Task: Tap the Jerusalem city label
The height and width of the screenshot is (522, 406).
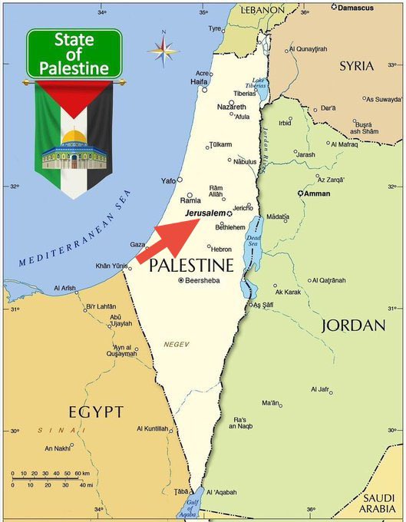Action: (x=205, y=213)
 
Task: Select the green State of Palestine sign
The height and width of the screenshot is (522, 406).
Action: (x=74, y=54)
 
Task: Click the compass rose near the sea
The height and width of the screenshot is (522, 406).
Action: (x=162, y=50)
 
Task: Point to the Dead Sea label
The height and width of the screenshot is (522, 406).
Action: (x=253, y=243)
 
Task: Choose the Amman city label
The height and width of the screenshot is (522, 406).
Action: (x=316, y=193)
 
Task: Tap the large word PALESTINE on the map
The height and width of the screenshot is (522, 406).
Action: (x=191, y=266)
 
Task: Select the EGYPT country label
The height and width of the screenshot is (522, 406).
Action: (x=95, y=412)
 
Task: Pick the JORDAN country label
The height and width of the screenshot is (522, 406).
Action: (x=353, y=325)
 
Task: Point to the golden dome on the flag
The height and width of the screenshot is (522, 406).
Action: (x=74, y=137)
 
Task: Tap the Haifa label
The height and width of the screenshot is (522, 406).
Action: (x=199, y=81)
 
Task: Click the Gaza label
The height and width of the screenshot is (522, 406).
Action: (x=137, y=244)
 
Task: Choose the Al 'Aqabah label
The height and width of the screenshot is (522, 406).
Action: (x=222, y=492)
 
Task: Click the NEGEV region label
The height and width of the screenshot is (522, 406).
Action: (x=176, y=344)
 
